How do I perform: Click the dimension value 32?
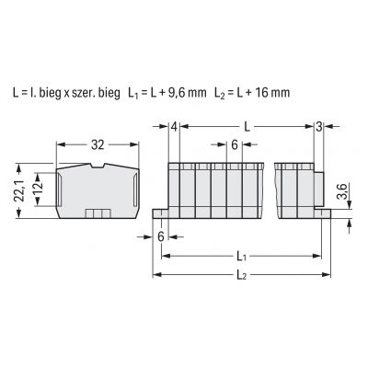pyautogui.click(x=98, y=144)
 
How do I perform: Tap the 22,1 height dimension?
pyautogui.click(x=20, y=190)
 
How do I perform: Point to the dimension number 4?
pyautogui.click(x=174, y=127)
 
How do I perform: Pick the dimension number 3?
pyautogui.click(x=319, y=127)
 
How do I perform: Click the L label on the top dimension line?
pyautogui.click(x=247, y=127)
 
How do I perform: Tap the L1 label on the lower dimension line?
pyautogui.click(x=241, y=257)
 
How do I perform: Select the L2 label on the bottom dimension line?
pyautogui.click(x=241, y=275)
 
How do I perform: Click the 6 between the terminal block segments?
pyautogui.click(x=235, y=145)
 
